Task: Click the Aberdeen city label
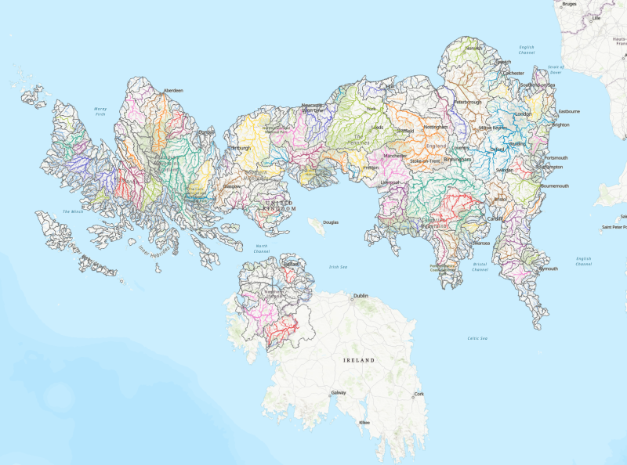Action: point(172,91)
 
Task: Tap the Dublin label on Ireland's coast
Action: point(361,296)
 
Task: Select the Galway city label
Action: point(339,392)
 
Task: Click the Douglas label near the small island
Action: point(331,222)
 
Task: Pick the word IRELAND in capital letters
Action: point(359,360)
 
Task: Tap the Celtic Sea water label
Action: point(477,338)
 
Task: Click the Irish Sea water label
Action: point(339,266)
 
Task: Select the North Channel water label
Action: point(262,248)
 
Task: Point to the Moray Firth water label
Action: point(100,112)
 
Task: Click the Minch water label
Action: point(72,212)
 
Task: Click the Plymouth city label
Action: point(548,269)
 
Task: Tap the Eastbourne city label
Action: point(569,111)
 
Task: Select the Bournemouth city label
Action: point(555,186)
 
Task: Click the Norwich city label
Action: point(474,48)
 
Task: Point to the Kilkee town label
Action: point(364,423)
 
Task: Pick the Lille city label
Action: point(596,17)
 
